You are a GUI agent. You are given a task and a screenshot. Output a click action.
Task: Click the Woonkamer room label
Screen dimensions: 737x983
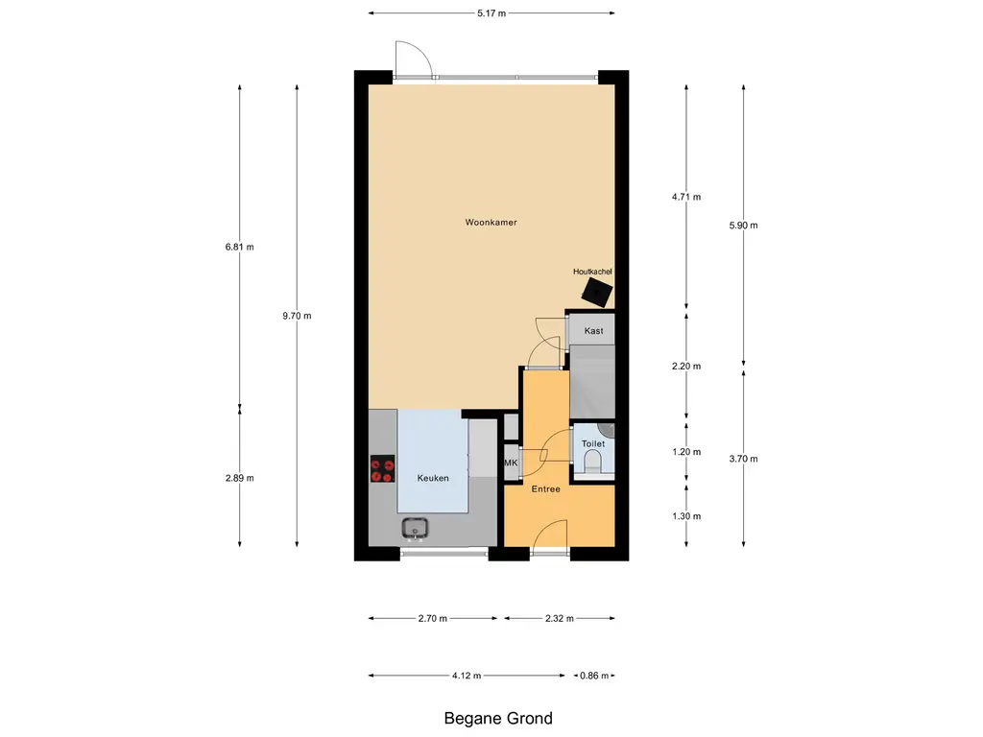pyautogui.click(x=491, y=223)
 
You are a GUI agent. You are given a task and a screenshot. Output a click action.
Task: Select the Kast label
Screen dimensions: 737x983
pyautogui.click(x=593, y=331)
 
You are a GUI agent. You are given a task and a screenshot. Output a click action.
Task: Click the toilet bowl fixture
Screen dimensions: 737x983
pyautogui.click(x=592, y=464)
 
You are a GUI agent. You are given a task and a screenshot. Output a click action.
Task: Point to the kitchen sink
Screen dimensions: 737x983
pyautogui.click(x=416, y=527)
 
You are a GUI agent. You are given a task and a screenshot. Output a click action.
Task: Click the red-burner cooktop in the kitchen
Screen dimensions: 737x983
pyautogui.click(x=382, y=468)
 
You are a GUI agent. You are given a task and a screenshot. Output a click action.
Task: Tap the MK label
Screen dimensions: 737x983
pyautogui.click(x=511, y=464)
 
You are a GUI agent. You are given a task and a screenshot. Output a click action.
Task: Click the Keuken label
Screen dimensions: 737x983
pyautogui.click(x=433, y=478)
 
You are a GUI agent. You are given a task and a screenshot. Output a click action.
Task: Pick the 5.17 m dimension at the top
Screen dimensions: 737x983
pyautogui.click(x=491, y=13)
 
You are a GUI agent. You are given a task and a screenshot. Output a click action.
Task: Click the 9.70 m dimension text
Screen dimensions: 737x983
pyautogui.click(x=297, y=316)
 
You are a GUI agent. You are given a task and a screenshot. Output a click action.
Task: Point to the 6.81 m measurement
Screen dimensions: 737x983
pyautogui.click(x=239, y=247)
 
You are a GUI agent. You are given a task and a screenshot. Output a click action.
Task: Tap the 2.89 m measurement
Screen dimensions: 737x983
pyautogui.click(x=239, y=478)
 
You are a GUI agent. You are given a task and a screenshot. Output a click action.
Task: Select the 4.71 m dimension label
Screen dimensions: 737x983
pyautogui.click(x=686, y=198)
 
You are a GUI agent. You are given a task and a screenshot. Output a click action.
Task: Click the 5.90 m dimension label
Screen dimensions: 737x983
pyautogui.click(x=744, y=226)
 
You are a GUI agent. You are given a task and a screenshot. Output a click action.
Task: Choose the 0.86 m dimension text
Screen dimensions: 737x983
pyautogui.click(x=594, y=676)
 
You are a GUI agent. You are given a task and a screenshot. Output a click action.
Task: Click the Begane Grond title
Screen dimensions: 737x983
pyautogui.click(x=498, y=718)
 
